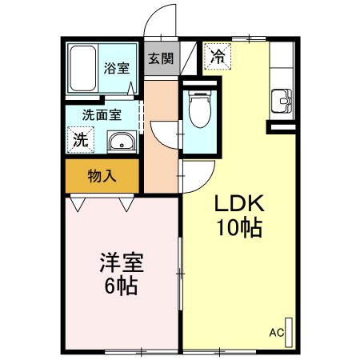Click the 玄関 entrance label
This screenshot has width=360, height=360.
tap(161, 58)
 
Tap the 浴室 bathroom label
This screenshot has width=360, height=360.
tap(117, 68)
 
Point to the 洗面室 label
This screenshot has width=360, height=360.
tap(102, 114)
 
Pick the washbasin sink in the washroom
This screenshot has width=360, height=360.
tap(121, 143)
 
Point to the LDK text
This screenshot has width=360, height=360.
tap(238, 203)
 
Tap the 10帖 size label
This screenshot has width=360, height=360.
tap(238, 228)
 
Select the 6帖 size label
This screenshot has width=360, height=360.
tap(118, 285)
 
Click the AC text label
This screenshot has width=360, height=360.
tap(277, 332)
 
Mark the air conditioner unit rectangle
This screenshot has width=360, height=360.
tap(290, 330)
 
